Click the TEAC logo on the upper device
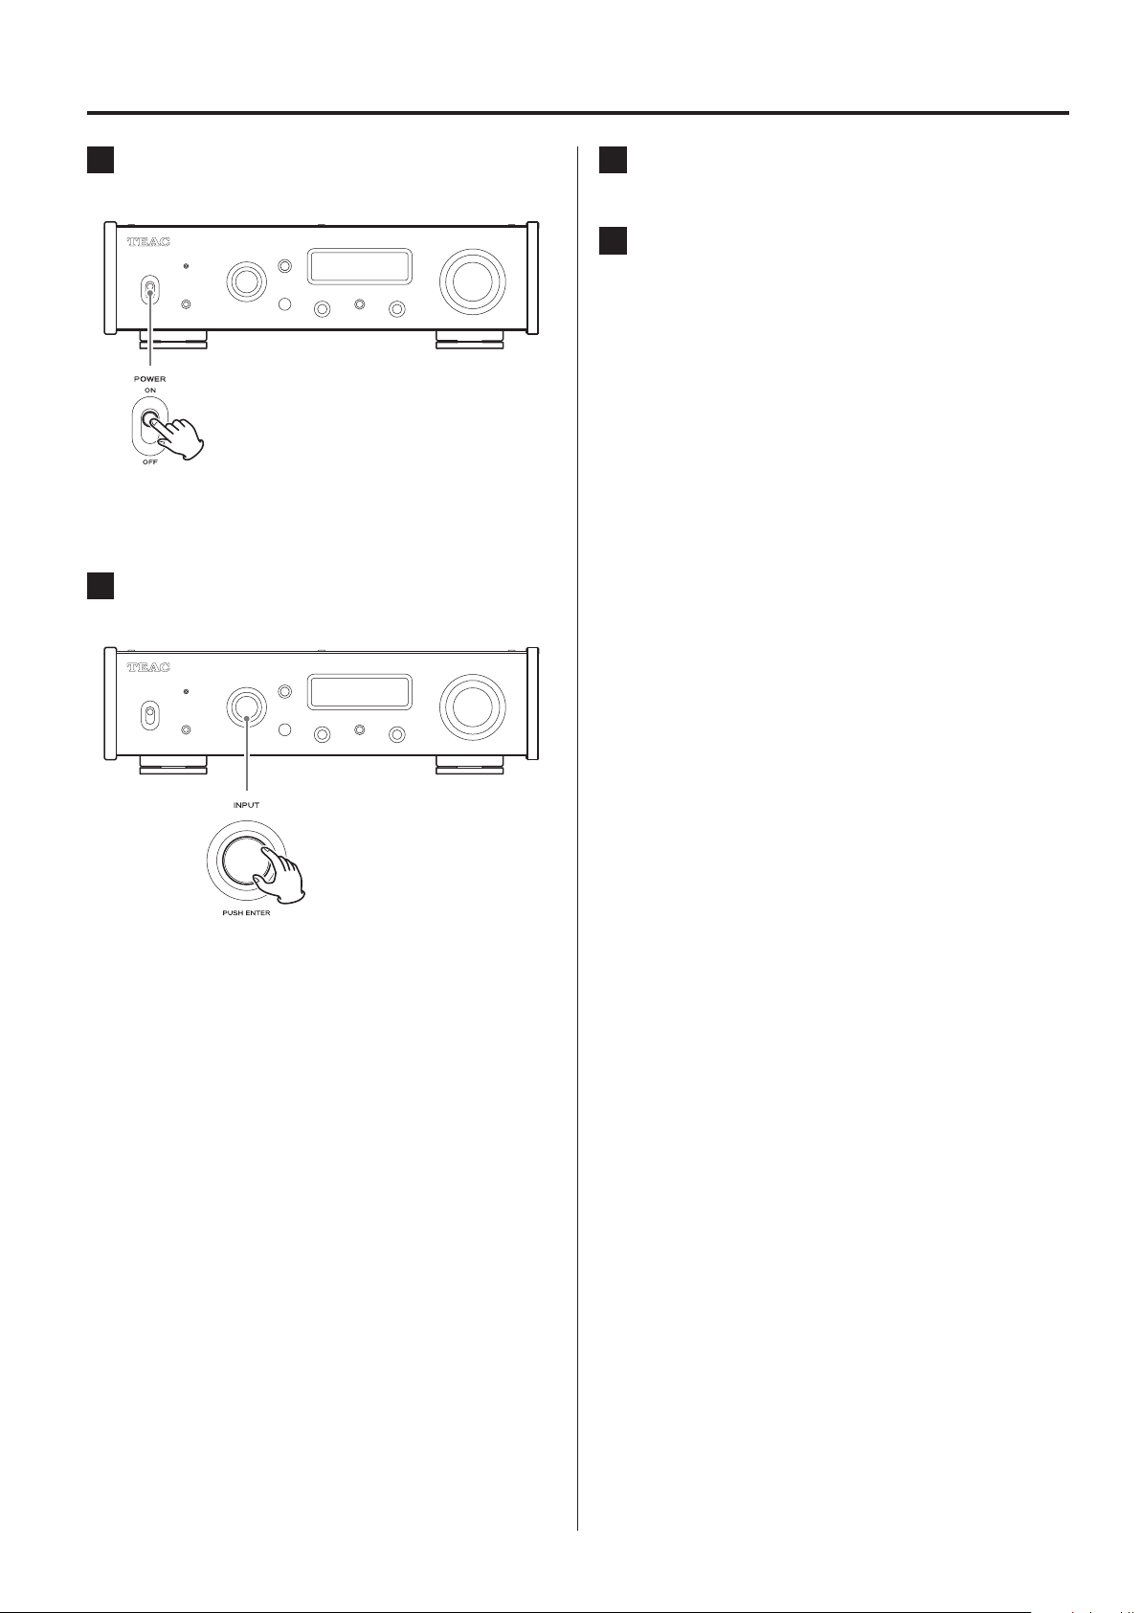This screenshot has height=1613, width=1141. tap(148, 242)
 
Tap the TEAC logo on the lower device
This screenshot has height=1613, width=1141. tap(148, 666)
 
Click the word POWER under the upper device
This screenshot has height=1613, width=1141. tap(149, 379)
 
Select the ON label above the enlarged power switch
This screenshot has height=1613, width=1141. tap(149, 391)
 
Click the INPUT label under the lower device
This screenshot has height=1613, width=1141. tap(246, 804)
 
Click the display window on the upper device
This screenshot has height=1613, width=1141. tap(360, 267)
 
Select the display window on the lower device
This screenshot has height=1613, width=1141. tap(360, 691)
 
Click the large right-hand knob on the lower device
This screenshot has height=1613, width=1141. tap(471, 705)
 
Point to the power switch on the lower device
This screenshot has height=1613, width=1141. tap(148, 714)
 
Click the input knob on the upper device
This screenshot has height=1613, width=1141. tap(246, 280)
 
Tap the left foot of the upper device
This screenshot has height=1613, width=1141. tap(173, 338)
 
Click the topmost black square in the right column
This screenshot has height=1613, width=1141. tap(613, 159)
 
